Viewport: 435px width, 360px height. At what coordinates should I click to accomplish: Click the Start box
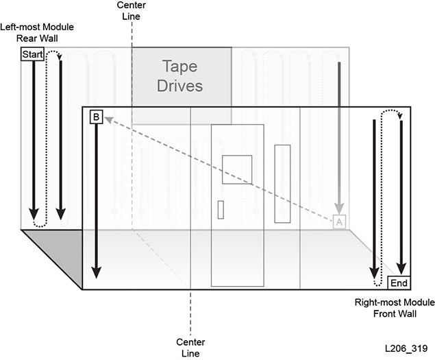tap(32, 54)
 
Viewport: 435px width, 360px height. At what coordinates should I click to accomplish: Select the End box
tap(399, 283)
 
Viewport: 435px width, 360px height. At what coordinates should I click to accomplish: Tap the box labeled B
tap(97, 117)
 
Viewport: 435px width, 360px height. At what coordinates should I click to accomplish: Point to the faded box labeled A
tap(339, 222)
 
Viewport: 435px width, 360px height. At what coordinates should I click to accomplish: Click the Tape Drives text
tap(179, 76)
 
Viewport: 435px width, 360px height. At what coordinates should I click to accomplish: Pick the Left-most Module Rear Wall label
tap(37, 32)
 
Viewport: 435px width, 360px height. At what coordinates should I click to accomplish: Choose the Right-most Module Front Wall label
tap(395, 308)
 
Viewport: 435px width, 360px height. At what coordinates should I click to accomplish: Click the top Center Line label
tap(132, 10)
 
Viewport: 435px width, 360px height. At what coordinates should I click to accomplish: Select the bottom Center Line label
tap(190, 348)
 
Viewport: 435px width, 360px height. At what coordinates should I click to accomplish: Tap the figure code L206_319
tap(406, 348)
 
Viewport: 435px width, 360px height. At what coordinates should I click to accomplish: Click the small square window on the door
tap(237, 169)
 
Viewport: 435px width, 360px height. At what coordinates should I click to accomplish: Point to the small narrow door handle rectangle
tap(221, 210)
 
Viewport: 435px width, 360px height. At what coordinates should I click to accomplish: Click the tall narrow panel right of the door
tap(282, 184)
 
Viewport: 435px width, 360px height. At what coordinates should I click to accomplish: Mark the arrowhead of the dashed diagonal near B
tap(109, 119)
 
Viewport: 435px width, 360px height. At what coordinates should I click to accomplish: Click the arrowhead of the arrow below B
tap(97, 272)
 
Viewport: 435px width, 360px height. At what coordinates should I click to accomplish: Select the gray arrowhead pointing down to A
tap(339, 208)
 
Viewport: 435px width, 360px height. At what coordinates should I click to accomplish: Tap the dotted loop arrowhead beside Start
tap(60, 58)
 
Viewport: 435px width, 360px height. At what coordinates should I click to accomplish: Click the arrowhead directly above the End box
tap(401, 269)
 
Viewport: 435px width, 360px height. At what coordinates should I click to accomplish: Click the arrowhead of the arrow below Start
tap(34, 214)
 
